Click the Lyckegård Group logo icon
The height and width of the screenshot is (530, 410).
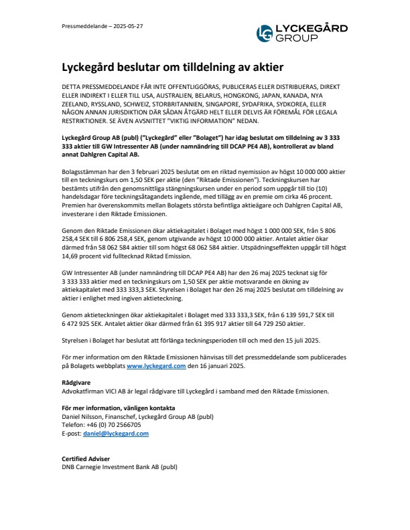[x=266, y=33]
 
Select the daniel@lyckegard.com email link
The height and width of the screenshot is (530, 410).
[x=115, y=433]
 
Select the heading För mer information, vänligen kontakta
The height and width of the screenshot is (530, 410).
[x=118, y=408]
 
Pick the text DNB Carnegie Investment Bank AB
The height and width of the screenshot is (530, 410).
[x=111, y=467]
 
